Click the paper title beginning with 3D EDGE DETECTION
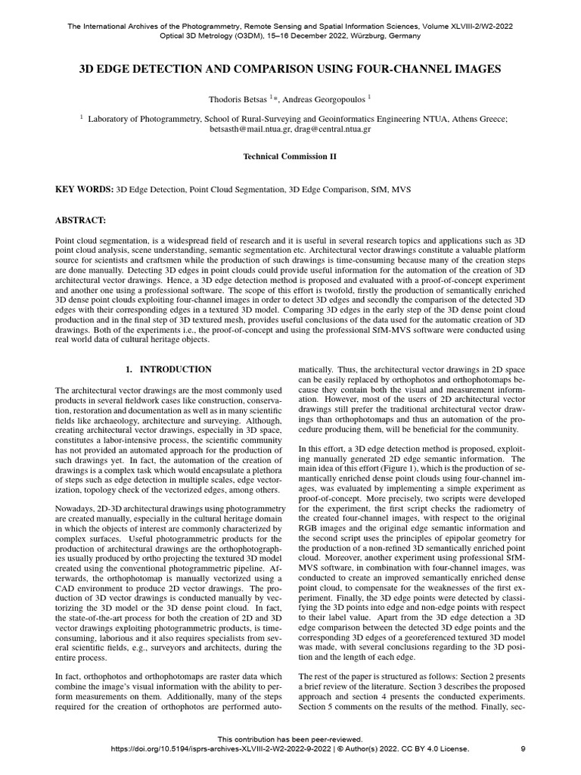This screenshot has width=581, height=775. (x=290, y=69)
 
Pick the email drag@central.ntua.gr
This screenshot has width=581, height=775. (x=334, y=129)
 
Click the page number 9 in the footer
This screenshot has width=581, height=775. (x=524, y=749)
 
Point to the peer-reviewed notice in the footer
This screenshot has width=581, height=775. (x=290, y=739)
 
